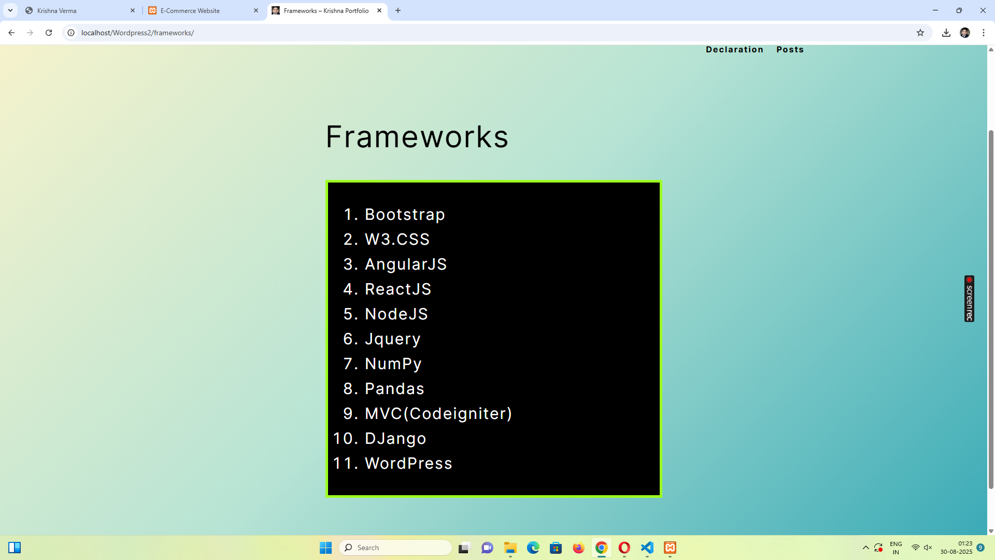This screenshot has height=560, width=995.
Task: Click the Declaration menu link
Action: point(734,50)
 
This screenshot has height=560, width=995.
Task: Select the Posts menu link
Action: point(790,50)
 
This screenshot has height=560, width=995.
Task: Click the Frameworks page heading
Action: point(417,137)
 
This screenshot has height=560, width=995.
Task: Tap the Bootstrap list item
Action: point(405,215)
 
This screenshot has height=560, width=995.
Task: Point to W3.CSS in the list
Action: point(397,240)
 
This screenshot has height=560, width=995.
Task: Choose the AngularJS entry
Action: point(406,264)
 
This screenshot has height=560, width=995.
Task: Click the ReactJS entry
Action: point(398,289)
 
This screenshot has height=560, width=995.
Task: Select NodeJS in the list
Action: point(396,314)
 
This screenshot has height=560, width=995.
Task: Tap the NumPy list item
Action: point(393,364)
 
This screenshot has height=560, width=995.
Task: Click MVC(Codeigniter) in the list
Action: point(438,414)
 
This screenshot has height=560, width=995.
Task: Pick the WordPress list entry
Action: point(408,464)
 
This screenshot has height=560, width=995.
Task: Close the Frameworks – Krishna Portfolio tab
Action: point(379,10)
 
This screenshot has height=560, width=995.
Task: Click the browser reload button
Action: point(49,33)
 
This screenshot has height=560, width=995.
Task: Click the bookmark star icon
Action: point(920,33)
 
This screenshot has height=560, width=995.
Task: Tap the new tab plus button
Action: point(398,10)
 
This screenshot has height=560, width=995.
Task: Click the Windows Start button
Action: point(325,548)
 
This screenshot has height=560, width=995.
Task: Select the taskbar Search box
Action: point(395,548)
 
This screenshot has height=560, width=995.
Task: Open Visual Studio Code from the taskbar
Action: point(647,548)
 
